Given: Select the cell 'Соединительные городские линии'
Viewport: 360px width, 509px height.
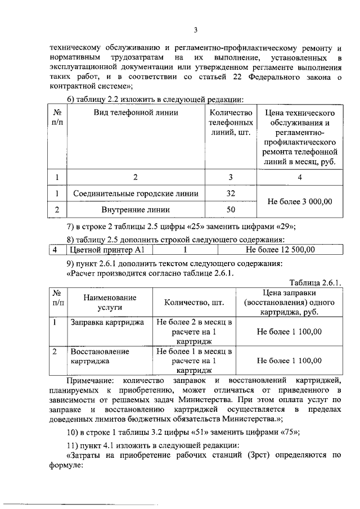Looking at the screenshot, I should pyautogui.click(x=136, y=193).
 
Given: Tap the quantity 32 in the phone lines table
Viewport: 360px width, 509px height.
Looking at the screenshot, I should pyautogui.click(x=229, y=193).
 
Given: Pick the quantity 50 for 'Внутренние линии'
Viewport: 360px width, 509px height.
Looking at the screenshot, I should pyautogui.click(x=229, y=210).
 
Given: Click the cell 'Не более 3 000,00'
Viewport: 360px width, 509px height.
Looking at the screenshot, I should pyautogui.click(x=300, y=201).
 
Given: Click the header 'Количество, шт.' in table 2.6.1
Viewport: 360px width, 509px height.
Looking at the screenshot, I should pyautogui.click(x=195, y=303).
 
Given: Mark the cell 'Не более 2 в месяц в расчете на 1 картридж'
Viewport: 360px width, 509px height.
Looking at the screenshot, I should pyautogui.click(x=195, y=332).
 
